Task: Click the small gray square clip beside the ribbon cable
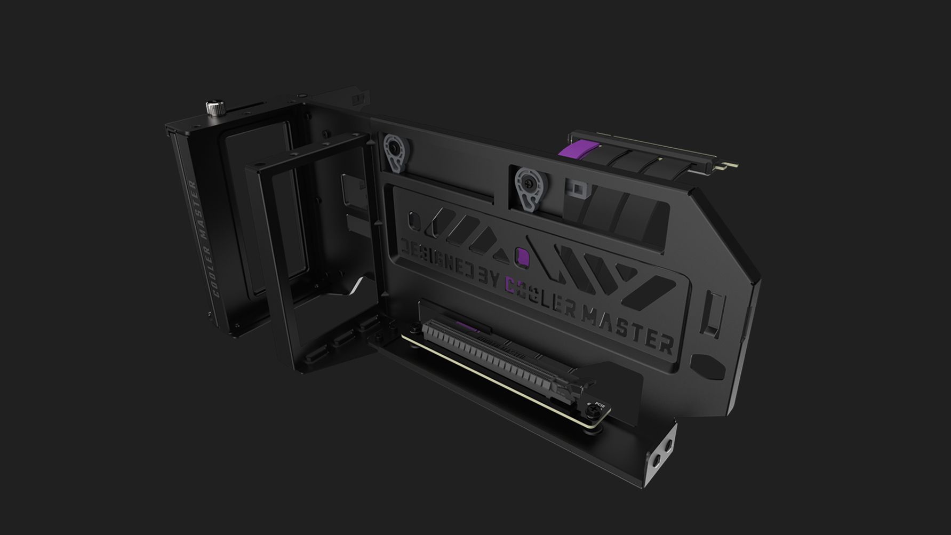pyautogui.click(x=578, y=188)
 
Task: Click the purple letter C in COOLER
pyautogui.click(x=511, y=287)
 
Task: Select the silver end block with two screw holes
pyautogui.click(x=661, y=451)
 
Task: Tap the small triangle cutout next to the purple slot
pyautogui.click(x=500, y=255)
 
